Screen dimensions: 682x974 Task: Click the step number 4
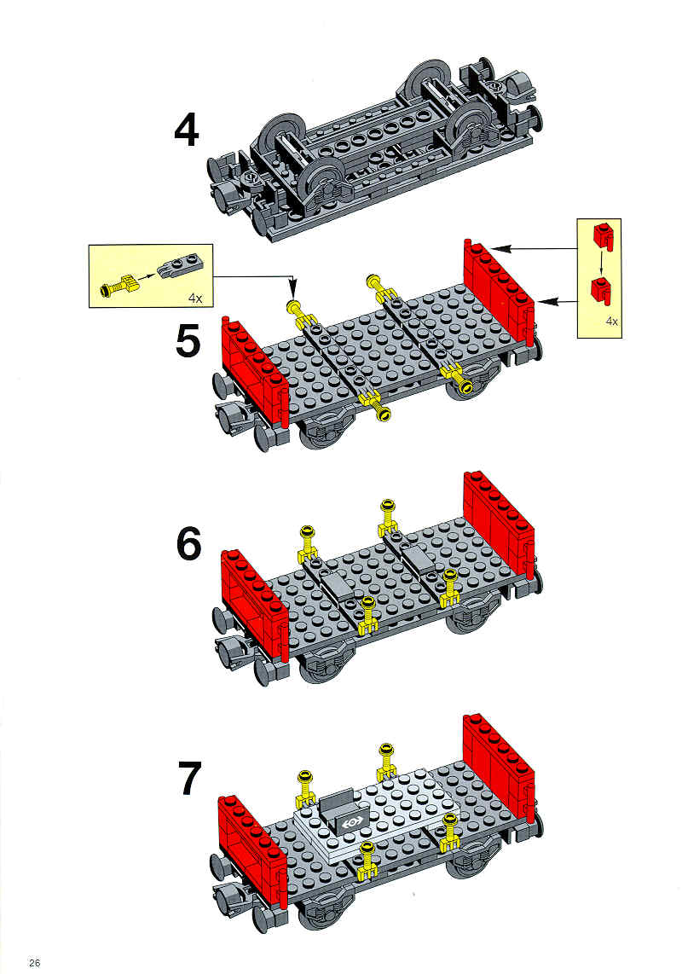(187, 131)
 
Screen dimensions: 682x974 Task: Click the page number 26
(34, 962)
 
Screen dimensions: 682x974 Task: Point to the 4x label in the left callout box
(196, 299)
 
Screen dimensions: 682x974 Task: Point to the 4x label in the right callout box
(611, 322)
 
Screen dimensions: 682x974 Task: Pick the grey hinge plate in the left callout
(180, 265)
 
